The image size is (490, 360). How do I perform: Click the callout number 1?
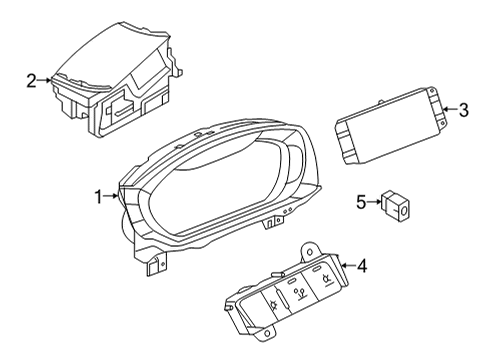[x=98, y=197]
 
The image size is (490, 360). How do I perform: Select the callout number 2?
[x=31, y=81]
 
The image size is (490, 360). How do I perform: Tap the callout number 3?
[x=464, y=110]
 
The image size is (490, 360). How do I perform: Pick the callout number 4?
[x=361, y=266]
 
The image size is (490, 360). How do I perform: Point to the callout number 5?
[x=361, y=202]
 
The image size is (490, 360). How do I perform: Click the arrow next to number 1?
[x=110, y=197]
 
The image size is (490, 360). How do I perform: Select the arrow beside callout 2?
[x=44, y=80]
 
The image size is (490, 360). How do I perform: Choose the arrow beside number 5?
[x=374, y=201]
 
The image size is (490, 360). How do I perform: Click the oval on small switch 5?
[x=404, y=210]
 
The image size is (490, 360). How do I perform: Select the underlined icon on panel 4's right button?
[x=326, y=279]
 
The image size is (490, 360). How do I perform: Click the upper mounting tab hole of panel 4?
[x=310, y=251]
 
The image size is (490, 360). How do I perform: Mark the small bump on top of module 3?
[x=381, y=102]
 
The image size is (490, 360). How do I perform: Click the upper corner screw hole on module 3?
[x=432, y=90]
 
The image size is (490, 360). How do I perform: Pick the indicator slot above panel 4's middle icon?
[x=292, y=282]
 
